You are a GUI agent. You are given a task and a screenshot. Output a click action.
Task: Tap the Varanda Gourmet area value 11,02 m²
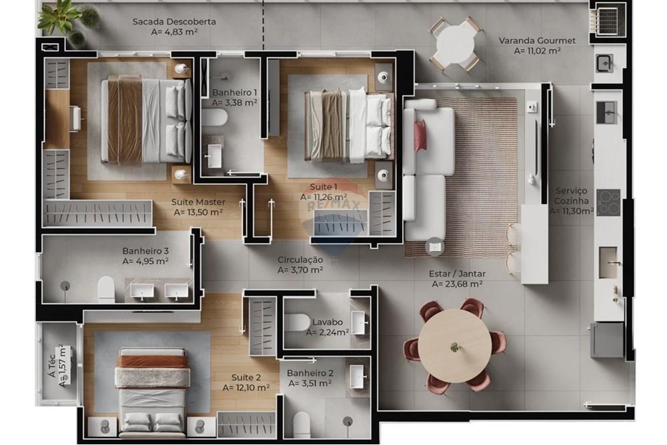click(537, 50)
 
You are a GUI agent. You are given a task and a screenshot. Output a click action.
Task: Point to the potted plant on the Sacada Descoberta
click(63, 19)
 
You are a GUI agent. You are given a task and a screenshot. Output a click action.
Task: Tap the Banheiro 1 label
click(234, 92)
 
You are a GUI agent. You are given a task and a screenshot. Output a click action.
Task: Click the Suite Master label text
click(197, 201)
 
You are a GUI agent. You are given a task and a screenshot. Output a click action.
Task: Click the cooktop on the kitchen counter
click(608, 202)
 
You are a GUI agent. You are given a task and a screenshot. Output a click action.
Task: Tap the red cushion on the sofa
click(420, 136)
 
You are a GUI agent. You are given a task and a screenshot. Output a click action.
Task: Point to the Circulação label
click(300, 260)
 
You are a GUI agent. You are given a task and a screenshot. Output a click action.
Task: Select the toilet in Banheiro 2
click(302, 423)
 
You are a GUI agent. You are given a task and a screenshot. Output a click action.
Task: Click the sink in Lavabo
click(358, 322)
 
